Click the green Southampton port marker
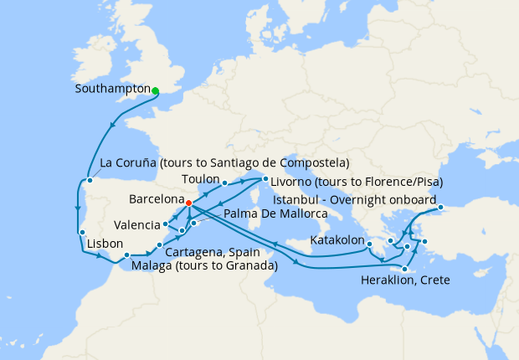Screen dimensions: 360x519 [x=156, y=91]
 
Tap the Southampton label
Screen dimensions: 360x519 [x=112, y=89]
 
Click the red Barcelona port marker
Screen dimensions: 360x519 [x=188, y=203]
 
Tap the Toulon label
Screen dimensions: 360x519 [x=201, y=179]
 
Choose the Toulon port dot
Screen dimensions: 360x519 [x=225, y=183]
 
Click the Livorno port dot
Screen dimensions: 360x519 [x=265, y=178]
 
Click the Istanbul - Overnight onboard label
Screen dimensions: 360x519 [x=356, y=200]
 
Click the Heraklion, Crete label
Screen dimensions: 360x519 [x=405, y=280]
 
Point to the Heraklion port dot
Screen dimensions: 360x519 [x=405, y=269]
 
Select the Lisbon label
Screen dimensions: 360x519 [x=103, y=245]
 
